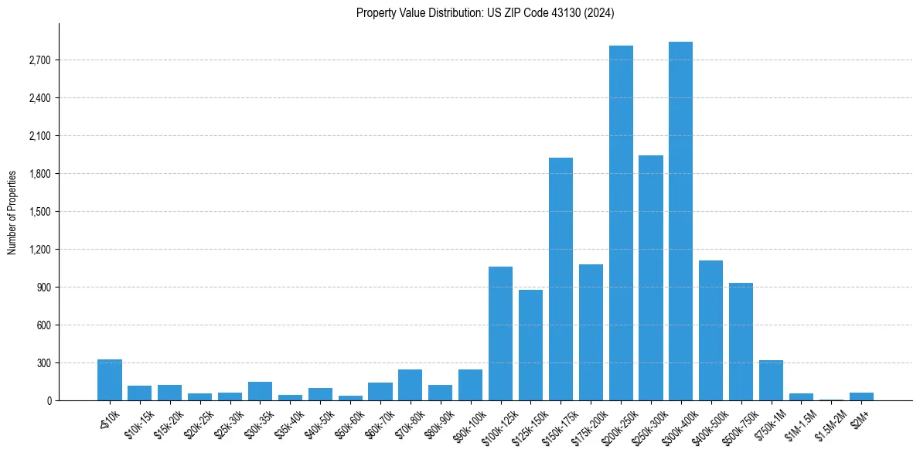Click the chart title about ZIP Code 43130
tap(486, 13)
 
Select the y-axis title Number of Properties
tap(12, 212)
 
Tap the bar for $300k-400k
tap(680, 221)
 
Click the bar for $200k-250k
tap(621, 223)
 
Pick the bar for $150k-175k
tap(561, 279)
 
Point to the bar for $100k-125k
tap(500, 333)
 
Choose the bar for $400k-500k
tap(710, 330)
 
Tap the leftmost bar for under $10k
tap(110, 380)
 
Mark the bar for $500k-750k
tap(741, 342)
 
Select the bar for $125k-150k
tap(530, 345)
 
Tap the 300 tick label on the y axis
tap(43, 363)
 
